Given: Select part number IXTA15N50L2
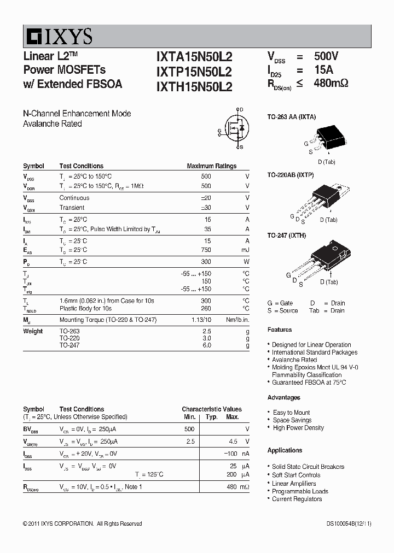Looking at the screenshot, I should [194, 57].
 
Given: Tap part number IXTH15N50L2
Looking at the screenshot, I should [194, 86].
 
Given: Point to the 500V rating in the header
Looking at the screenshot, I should [326, 56].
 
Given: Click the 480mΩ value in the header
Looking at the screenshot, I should [331, 84].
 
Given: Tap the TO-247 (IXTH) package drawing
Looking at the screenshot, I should [328, 257].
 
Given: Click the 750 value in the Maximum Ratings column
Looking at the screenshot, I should [205, 250].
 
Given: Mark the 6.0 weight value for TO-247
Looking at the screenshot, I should [206, 345].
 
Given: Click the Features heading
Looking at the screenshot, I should [280, 330].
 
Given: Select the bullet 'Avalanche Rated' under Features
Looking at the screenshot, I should [294, 360].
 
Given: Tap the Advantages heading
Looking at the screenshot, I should [283, 397].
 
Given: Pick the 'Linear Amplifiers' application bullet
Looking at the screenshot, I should [294, 484].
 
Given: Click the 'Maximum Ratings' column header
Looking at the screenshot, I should [211, 166].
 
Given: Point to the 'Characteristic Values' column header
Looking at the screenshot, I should [211, 409].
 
